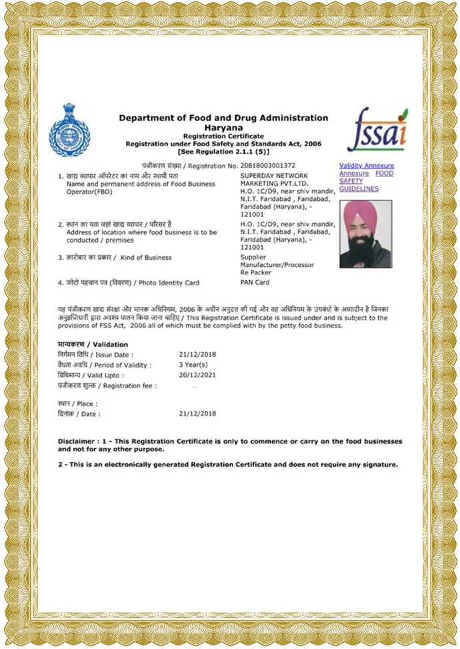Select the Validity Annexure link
[x=366, y=165]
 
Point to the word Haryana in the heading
[x=223, y=126]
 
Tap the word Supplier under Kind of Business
[x=253, y=256]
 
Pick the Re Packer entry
[x=256, y=273]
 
